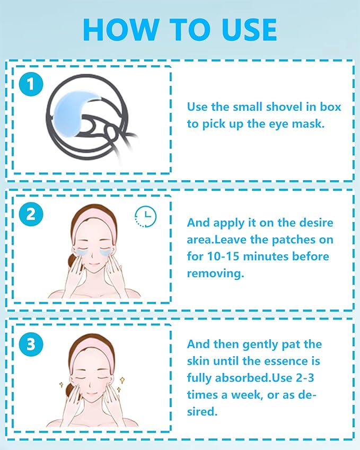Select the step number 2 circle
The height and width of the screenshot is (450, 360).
pos(31,214)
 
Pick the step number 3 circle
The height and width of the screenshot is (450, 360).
pos(31,345)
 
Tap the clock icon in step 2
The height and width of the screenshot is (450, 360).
pos(145,216)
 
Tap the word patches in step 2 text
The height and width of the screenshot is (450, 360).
pos(286,240)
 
